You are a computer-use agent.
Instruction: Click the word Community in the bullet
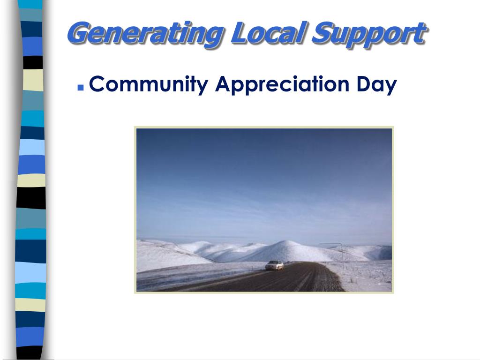[148, 85]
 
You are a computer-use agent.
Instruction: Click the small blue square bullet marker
[81, 87]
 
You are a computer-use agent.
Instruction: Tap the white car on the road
[274, 265]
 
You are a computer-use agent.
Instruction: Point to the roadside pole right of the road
[342, 255]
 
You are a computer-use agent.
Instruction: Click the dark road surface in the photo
[291, 279]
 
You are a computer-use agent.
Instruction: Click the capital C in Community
[97, 84]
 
